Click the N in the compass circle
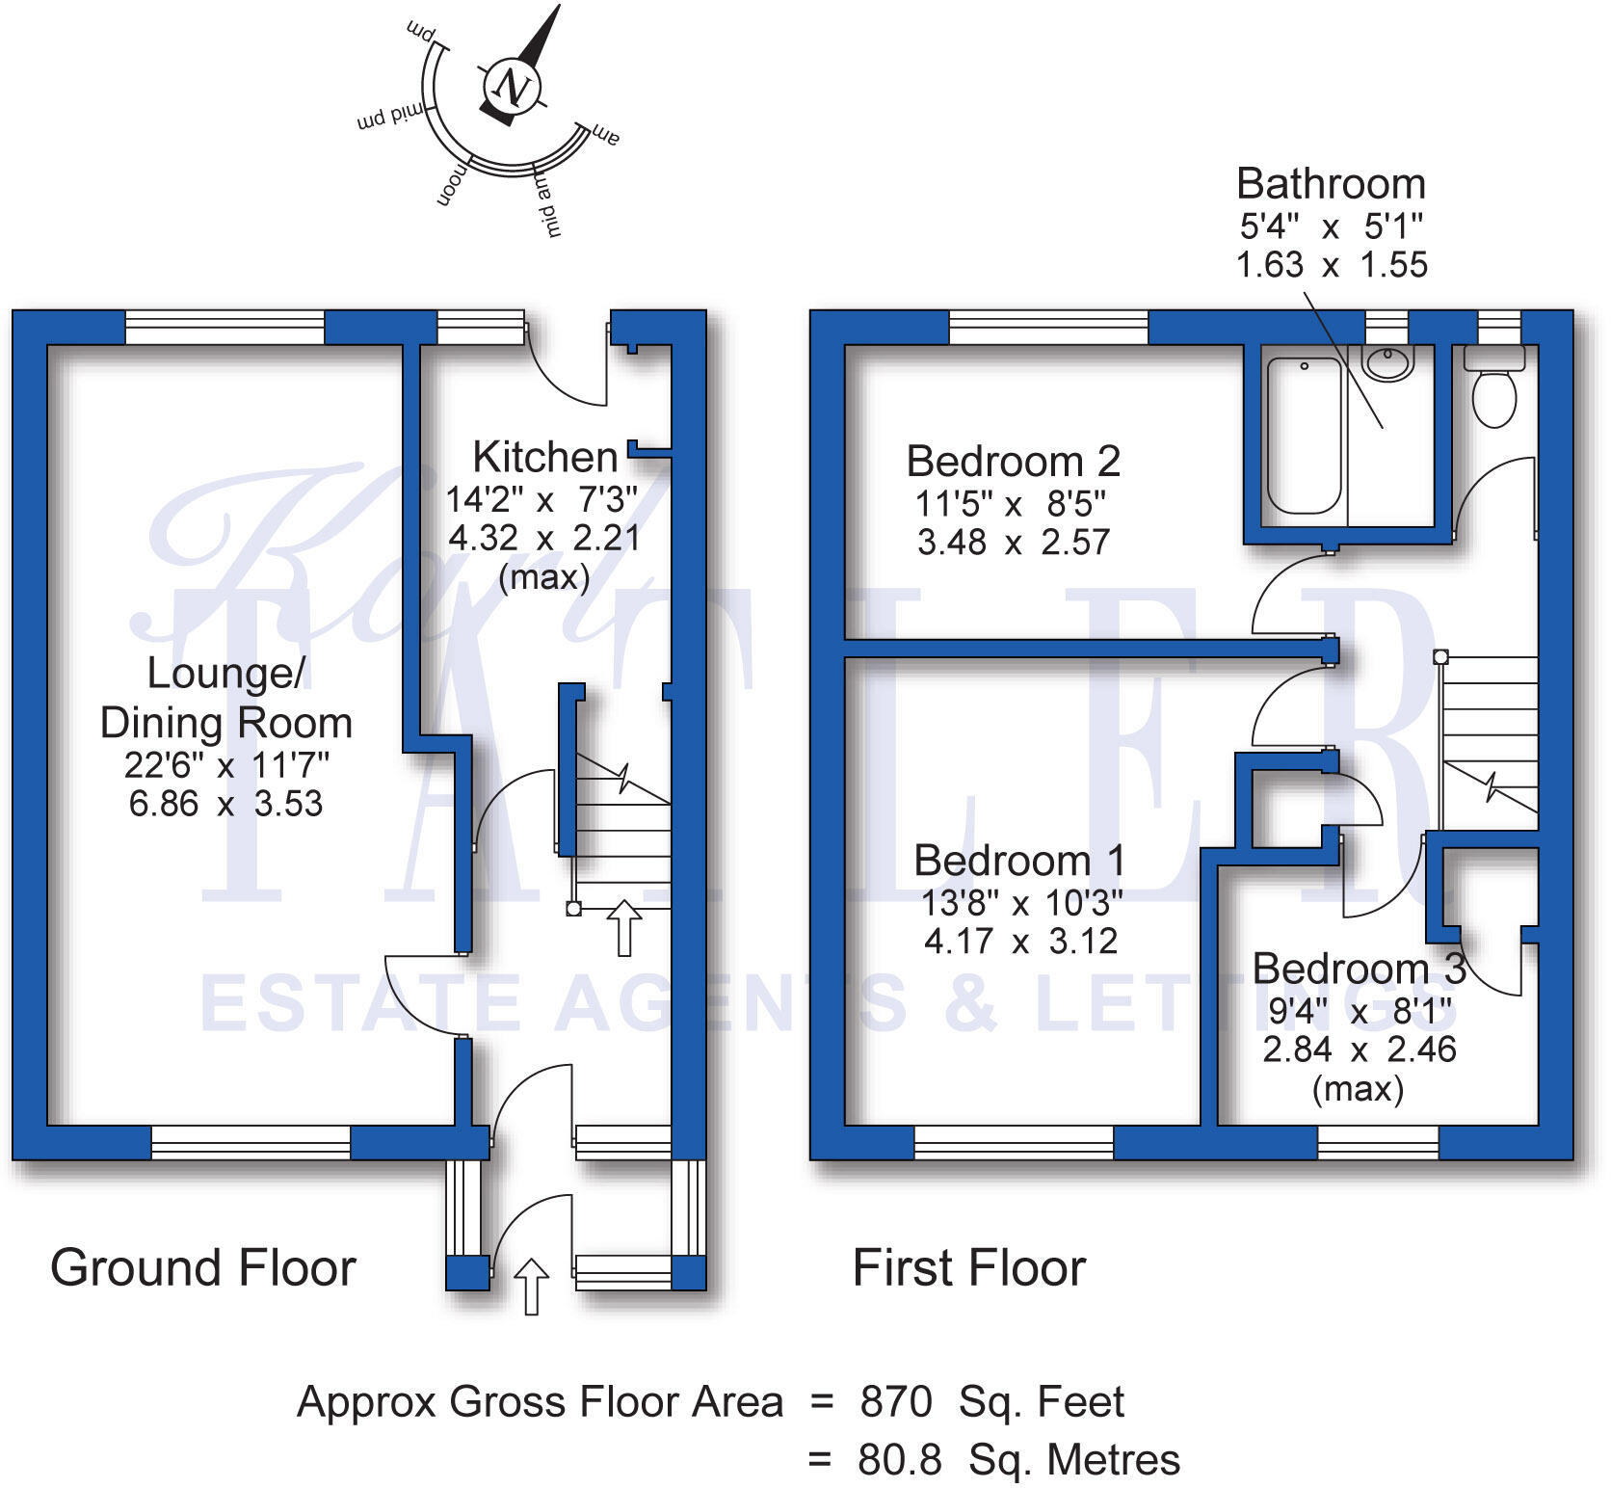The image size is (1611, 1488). pos(512,88)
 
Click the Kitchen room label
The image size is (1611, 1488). pos(544,457)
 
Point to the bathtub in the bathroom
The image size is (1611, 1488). pos(1304,436)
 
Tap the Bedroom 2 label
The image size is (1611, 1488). pos(1013,462)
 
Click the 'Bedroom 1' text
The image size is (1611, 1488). pos(1018,861)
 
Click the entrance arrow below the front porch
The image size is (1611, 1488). pos(531,1287)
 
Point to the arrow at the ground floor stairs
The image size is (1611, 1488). pos(624,928)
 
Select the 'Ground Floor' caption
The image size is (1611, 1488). pos(203,1267)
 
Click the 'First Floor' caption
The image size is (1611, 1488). pos(969,1267)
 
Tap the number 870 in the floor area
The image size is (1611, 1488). pos(896,1402)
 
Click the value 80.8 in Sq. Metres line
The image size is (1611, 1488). pos(899,1460)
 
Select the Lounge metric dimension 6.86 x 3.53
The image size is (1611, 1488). pos(225,804)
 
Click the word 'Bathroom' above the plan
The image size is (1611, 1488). pos(1331,184)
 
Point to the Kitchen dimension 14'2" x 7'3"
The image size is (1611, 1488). pos(542,499)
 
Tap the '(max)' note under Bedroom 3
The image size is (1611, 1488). pos(1359,1089)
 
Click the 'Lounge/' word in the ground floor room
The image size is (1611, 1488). pos(225,673)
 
